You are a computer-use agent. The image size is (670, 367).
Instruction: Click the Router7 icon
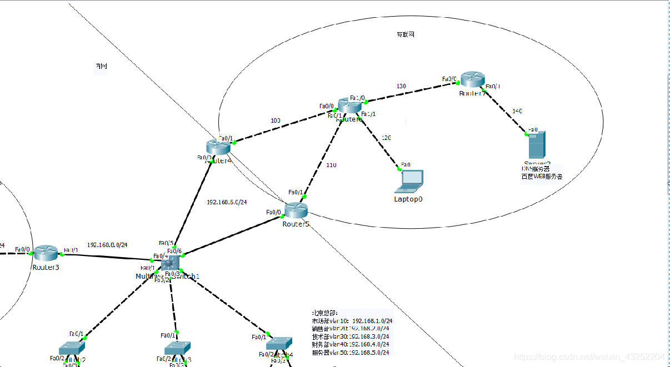point(473,79)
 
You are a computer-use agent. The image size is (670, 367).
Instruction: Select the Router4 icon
point(218,147)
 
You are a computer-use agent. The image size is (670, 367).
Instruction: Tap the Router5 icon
point(296,210)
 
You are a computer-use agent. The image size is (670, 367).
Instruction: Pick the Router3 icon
point(46,253)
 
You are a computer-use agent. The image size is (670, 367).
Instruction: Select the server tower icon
point(537,144)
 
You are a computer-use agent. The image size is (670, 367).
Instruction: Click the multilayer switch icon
point(170,262)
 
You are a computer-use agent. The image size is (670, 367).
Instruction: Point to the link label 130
point(401,86)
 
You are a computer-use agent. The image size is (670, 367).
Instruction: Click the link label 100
point(276,120)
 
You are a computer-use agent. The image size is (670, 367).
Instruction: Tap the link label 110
point(332,165)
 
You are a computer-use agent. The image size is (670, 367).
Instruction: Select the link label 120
point(387,138)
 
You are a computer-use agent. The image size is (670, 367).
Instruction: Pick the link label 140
point(517,111)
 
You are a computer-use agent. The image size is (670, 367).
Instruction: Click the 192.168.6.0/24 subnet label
point(227,202)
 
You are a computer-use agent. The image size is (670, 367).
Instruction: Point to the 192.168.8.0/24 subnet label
point(107,244)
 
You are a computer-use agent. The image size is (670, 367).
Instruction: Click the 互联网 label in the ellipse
point(405,34)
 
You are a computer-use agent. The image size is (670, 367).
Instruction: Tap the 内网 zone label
point(101,67)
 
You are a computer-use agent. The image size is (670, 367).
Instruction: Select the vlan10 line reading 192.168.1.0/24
point(352,321)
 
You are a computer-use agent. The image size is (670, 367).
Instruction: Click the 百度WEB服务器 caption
point(542,177)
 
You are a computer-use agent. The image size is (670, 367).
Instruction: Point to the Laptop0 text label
point(408,199)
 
